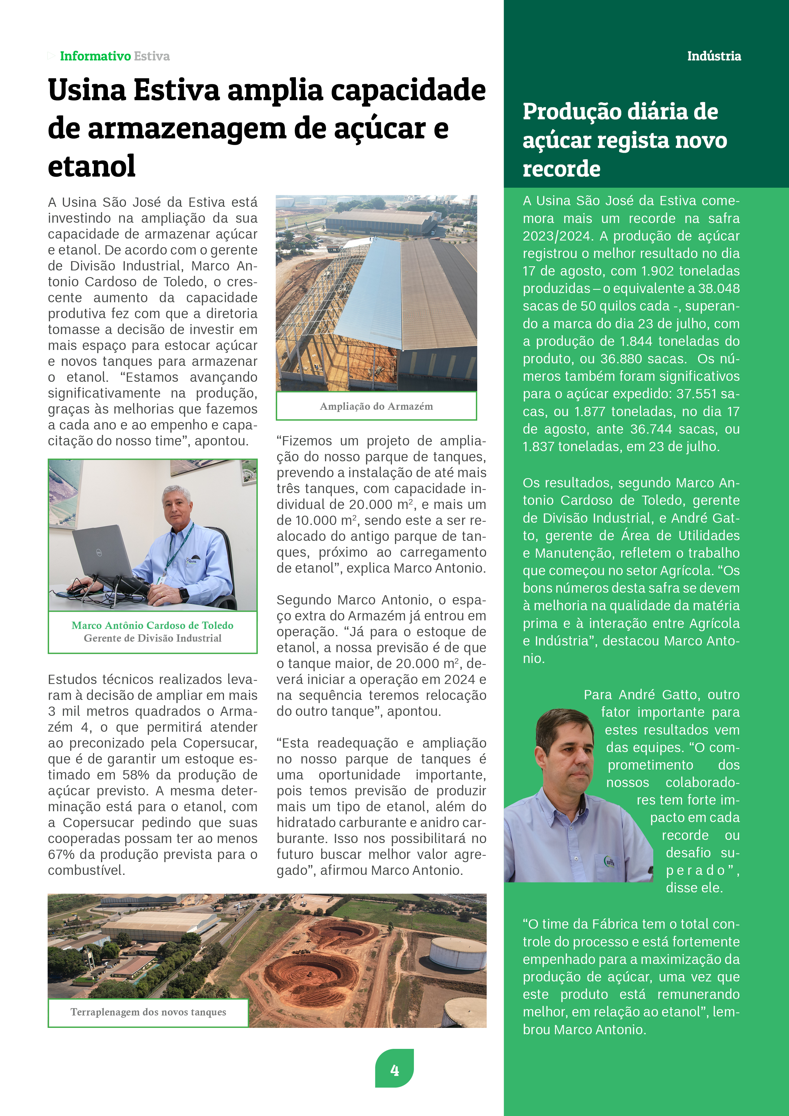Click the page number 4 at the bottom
point(394,1070)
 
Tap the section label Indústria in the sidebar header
point(714,56)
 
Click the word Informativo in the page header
point(95,56)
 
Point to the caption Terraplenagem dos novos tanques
point(148,1012)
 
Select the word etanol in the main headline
point(91,166)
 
